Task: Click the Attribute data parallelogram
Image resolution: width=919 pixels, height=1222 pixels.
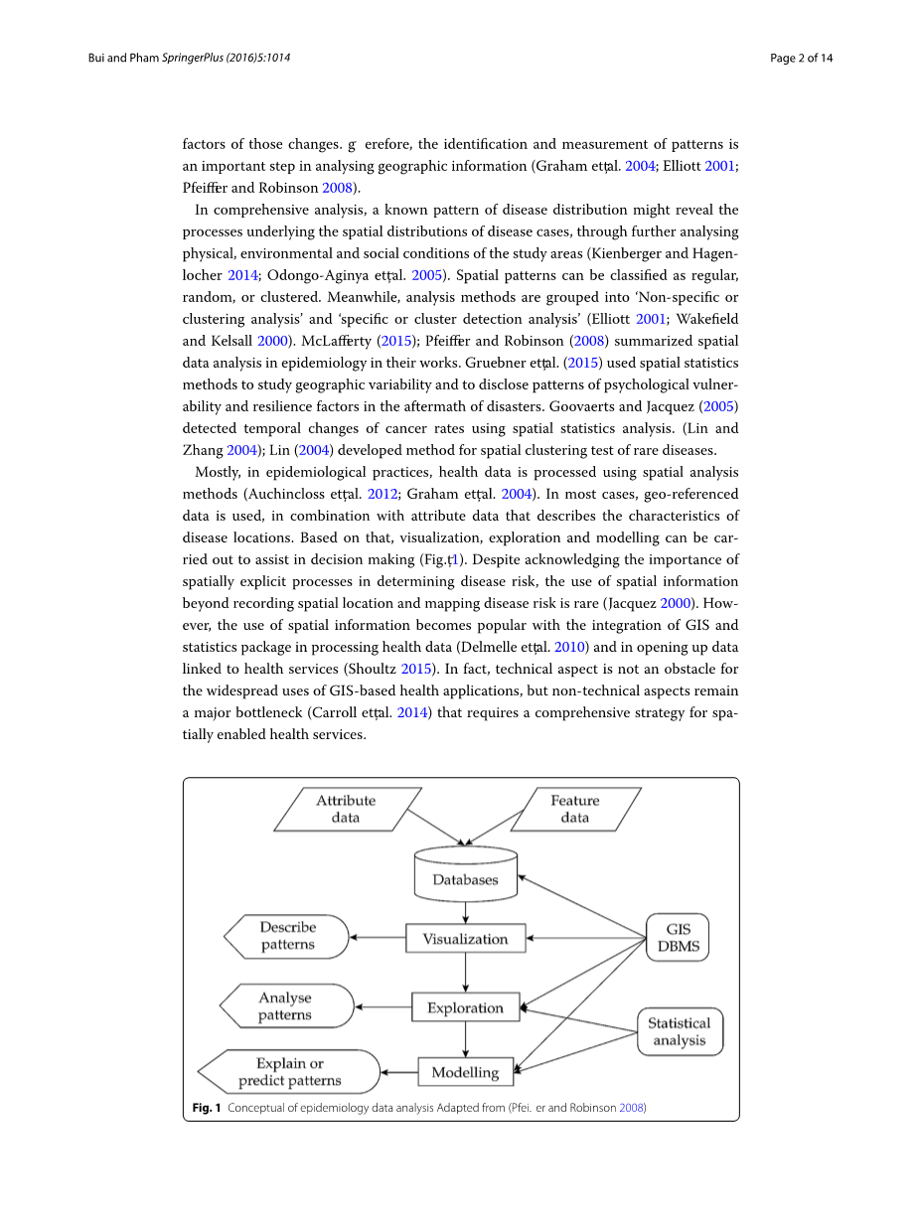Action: pyautogui.click(x=346, y=809)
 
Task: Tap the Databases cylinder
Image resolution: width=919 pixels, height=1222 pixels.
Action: pyautogui.click(x=465, y=875)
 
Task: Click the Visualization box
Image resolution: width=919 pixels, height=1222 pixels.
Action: pyautogui.click(x=465, y=939)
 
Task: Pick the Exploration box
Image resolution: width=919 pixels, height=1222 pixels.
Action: pyautogui.click(x=465, y=1007)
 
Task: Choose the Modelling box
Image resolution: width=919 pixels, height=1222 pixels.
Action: pyautogui.click(x=465, y=1072)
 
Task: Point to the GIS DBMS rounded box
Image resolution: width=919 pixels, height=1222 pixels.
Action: pyautogui.click(x=679, y=937)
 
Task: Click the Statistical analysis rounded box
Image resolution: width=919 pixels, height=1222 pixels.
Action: pyautogui.click(x=680, y=1031)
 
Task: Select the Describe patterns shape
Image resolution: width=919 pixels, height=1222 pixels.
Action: pyautogui.click(x=288, y=936)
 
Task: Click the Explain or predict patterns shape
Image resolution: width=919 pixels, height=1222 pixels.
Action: pyautogui.click(x=290, y=1072)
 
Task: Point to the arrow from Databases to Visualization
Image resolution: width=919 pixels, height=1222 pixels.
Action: pyautogui.click(x=465, y=913)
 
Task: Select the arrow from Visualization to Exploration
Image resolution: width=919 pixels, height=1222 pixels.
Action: pyautogui.click(x=465, y=973)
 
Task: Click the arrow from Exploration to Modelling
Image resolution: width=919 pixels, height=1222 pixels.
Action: pyautogui.click(x=465, y=1039)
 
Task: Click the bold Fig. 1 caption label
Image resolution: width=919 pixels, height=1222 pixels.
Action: pyautogui.click(x=206, y=1107)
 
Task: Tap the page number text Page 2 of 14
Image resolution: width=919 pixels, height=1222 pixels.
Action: pyautogui.click(x=801, y=58)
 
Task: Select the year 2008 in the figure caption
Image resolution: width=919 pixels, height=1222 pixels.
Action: pyautogui.click(x=632, y=1107)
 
